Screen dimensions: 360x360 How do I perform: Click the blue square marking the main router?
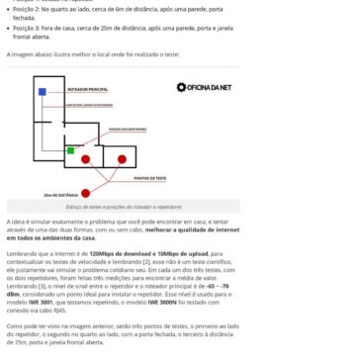(x=43, y=92)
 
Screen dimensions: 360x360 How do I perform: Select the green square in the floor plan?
(x=70, y=150)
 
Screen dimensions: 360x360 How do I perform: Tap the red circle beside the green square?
(x=85, y=158)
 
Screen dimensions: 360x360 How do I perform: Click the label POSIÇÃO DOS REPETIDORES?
(x=127, y=128)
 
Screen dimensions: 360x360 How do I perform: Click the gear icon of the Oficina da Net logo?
(x=182, y=87)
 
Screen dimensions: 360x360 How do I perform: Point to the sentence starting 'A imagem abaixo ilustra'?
(x=69, y=55)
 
